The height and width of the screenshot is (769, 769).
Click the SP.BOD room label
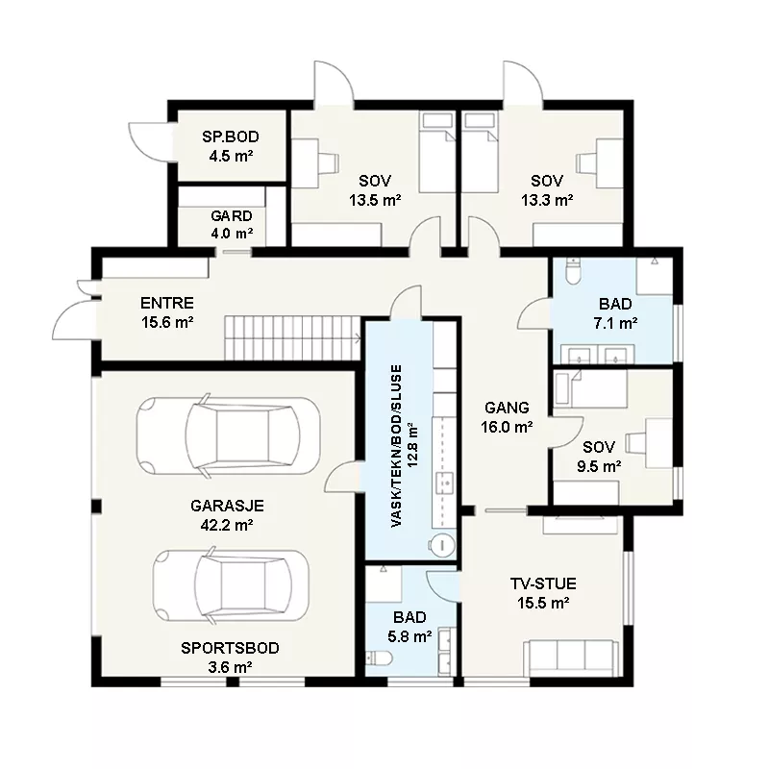231,136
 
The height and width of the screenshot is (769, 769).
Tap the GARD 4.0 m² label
232,224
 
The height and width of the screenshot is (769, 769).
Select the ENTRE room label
166,303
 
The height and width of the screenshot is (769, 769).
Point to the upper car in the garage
228,434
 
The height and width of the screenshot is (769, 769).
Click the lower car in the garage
231,585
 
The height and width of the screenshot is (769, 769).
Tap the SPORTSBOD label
230,648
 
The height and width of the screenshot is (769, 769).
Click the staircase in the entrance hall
293,338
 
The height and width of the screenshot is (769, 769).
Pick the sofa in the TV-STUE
569,658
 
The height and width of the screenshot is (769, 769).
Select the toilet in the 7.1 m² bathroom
572,271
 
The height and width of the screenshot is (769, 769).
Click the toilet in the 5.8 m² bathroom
379,658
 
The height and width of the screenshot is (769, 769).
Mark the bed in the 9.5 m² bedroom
590,389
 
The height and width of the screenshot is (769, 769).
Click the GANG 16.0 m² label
507,417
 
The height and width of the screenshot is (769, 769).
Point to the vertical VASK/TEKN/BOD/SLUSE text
396,446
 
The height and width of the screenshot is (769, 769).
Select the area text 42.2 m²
227,525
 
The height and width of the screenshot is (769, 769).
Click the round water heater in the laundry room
441,545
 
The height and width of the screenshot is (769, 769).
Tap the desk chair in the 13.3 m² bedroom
587,162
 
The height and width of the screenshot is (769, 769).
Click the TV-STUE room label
543,583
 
